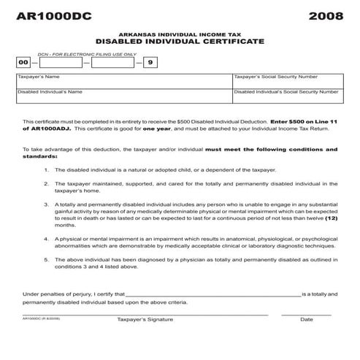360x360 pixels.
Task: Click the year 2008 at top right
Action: coord(323,15)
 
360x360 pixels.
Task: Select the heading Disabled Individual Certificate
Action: coord(180,42)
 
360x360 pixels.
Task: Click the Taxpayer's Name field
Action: coord(123,80)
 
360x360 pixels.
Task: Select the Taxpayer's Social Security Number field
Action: coord(286,80)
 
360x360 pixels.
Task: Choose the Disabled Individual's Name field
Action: coord(123,97)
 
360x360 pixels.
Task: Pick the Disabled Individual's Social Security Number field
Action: coord(286,97)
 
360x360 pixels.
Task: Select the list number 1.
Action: coord(46,169)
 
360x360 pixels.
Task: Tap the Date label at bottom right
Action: coord(306,320)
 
